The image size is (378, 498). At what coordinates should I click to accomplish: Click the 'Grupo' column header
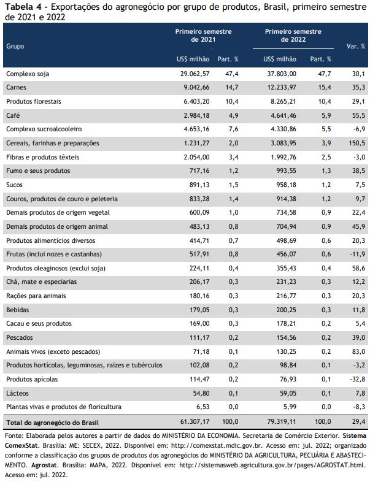point(15,46)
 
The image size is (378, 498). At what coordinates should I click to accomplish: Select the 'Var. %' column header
point(355,46)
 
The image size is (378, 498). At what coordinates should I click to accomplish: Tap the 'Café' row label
point(13,115)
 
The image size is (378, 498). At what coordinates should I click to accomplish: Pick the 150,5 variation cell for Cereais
point(357,143)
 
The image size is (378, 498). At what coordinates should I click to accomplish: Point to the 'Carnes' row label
point(16,87)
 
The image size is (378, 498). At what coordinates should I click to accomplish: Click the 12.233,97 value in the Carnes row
point(282,87)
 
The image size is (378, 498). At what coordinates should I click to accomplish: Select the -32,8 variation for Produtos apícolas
point(359,379)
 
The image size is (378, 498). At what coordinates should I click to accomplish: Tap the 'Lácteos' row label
point(17,393)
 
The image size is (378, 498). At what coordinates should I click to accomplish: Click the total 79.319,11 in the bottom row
point(281,422)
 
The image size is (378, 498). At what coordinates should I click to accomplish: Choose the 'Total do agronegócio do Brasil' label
point(52,423)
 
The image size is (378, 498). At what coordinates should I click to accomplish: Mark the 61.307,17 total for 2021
point(195,422)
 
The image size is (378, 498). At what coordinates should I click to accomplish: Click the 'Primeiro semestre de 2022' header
point(293,36)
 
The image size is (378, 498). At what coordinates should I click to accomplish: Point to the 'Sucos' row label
point(14,185)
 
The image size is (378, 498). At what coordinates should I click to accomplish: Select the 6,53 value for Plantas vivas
point(203,407)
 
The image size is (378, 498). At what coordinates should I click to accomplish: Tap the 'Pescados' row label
point(20,337)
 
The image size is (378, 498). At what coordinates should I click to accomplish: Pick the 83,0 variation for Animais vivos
point(358,351)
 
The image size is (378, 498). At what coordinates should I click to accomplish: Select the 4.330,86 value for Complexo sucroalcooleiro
point(283,129)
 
